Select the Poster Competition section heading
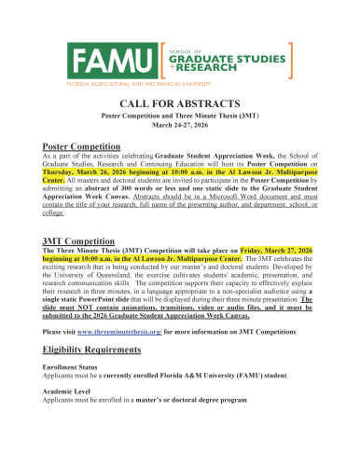click(82, 146)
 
